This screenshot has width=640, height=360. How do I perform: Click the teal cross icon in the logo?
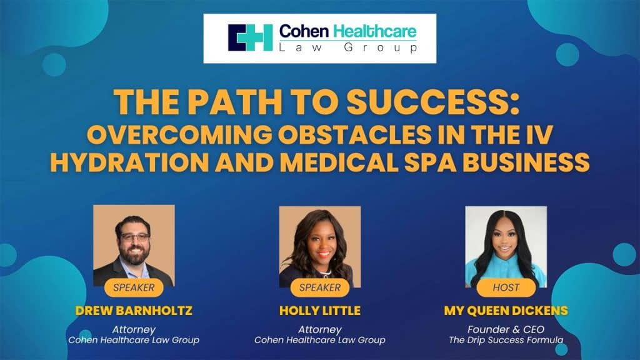tap(250, 38)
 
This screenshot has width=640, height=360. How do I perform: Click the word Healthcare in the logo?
tap(375, 31)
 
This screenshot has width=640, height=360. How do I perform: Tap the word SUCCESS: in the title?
tap(433, 102)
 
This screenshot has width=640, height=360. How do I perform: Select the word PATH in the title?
tap(234, 102)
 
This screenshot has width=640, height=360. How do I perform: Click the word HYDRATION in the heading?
tap(129, 162)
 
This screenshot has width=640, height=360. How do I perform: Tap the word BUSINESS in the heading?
tap(526, 162)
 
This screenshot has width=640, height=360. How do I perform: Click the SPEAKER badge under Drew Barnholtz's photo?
tap(134, 287)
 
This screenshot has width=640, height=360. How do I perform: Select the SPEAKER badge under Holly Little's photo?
tap(320, 287)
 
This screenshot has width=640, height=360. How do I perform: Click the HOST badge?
tap(506, 287)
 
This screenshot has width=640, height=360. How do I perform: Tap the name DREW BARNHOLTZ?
tap(134, 311)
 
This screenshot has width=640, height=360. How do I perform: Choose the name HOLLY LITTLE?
tap(320, 311)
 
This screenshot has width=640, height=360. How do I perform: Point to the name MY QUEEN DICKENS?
tap(506, 311)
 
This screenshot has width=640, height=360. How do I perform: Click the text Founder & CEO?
tap(506, 329)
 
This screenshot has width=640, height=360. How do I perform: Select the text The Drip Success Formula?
tap(506, 340)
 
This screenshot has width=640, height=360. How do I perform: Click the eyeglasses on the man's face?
tap(134, 237)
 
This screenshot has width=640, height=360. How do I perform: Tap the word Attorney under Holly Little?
tap(320, 329)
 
